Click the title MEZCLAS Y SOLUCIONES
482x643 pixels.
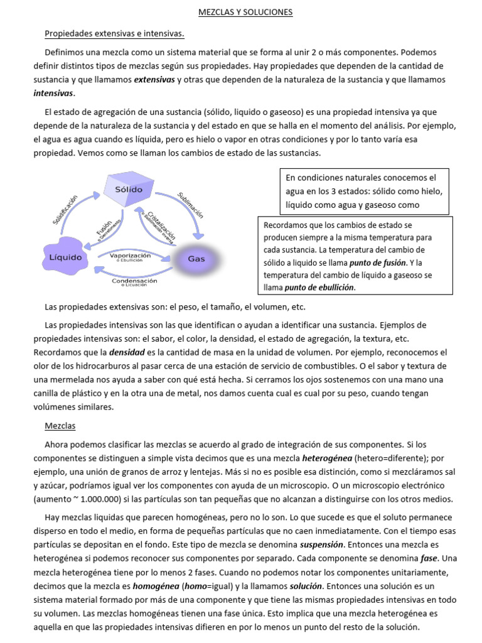coord(241,11)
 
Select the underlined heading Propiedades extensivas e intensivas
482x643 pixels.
coord(114,33)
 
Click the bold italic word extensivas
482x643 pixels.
coord(154,80)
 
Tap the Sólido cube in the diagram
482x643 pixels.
coord(128,189)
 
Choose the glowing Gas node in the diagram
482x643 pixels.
coord(196,259)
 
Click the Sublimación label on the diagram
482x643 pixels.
coord(190,205)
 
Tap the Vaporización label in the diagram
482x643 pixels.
coord(131,256)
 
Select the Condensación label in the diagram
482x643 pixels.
coord(134,282)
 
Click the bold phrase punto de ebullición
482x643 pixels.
coord(319,288)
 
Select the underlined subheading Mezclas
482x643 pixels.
coord(60,426)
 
